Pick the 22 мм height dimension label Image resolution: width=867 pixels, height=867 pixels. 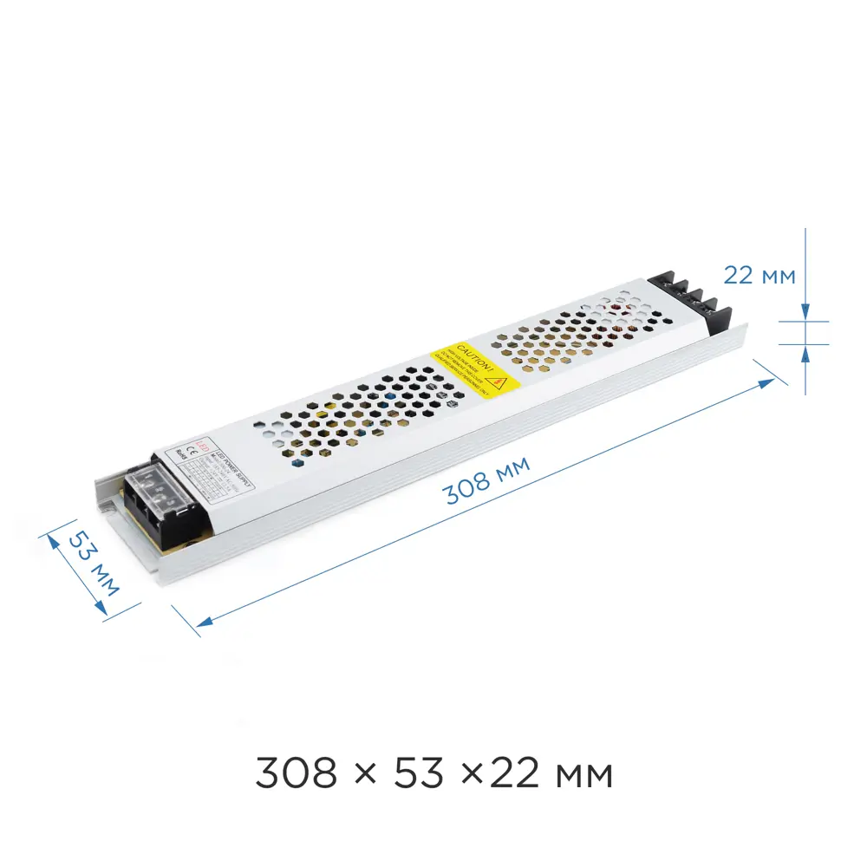pyautogui.click(x=759, y=276)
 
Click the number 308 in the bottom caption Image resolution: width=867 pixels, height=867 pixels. pyautogui.click(x=296, y=772)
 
